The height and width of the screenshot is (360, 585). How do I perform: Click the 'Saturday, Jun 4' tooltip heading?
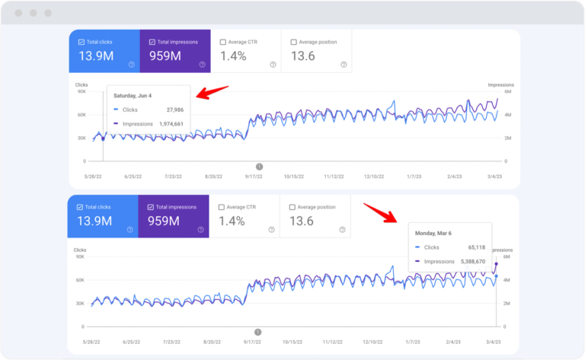point(133,96)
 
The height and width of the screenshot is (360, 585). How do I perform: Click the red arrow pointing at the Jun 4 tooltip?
point(213,92)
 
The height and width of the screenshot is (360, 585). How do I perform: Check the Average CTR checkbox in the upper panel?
point(222,42)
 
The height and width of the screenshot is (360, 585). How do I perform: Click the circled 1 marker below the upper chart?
point(259,166)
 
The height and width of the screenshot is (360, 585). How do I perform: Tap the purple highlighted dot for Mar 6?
point(497,264)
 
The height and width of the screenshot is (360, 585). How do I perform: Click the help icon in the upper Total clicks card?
point(131,65)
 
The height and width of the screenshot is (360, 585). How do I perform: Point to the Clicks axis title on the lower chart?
point(80,249)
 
